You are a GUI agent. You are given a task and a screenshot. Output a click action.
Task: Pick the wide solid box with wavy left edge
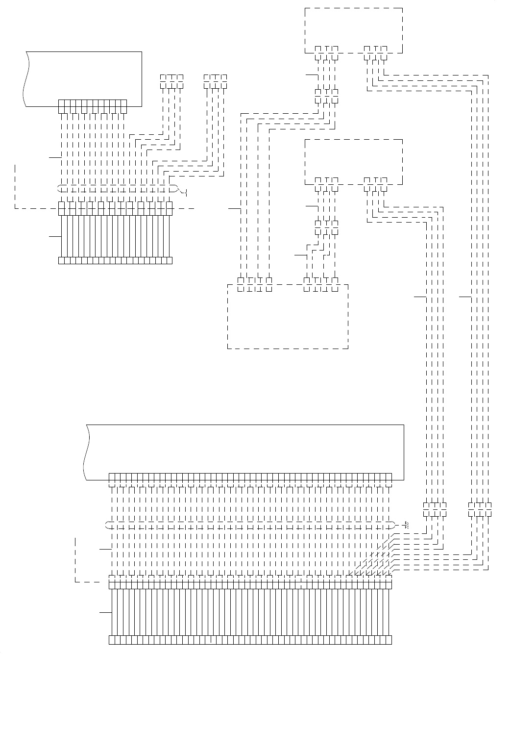point(245,451)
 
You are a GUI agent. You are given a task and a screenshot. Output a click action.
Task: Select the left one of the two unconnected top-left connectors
point(171,78)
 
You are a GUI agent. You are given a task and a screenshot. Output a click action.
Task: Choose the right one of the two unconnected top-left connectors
point(215,78)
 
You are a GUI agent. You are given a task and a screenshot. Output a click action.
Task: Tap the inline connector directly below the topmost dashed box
point(327,96)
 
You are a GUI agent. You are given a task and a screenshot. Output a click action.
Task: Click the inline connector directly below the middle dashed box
point(327,227)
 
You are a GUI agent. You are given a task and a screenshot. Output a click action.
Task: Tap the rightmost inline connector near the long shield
point(480,509)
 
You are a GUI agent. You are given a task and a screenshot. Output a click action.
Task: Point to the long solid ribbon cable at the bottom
point(250,612)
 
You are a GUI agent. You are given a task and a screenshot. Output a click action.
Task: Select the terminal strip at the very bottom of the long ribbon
point(250,640)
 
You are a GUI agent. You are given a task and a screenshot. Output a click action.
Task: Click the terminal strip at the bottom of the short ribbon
point(115,260)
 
